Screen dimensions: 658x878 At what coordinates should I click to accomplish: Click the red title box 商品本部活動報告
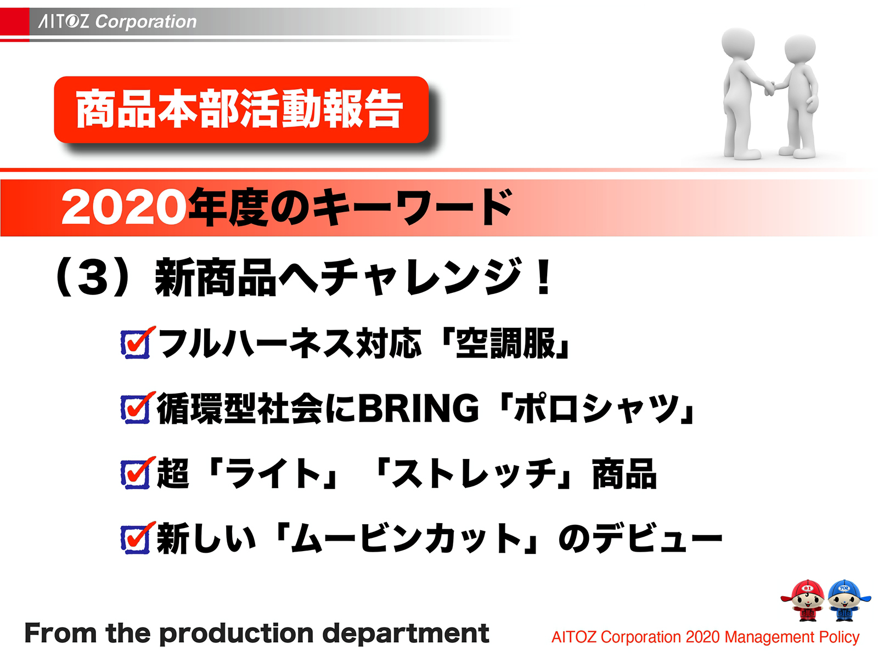240,110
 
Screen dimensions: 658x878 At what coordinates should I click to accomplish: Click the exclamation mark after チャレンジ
544,277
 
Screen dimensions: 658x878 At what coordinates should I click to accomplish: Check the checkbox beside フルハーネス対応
135,344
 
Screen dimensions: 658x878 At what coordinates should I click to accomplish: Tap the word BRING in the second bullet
418,409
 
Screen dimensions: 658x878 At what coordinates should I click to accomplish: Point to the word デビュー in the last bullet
658,538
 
